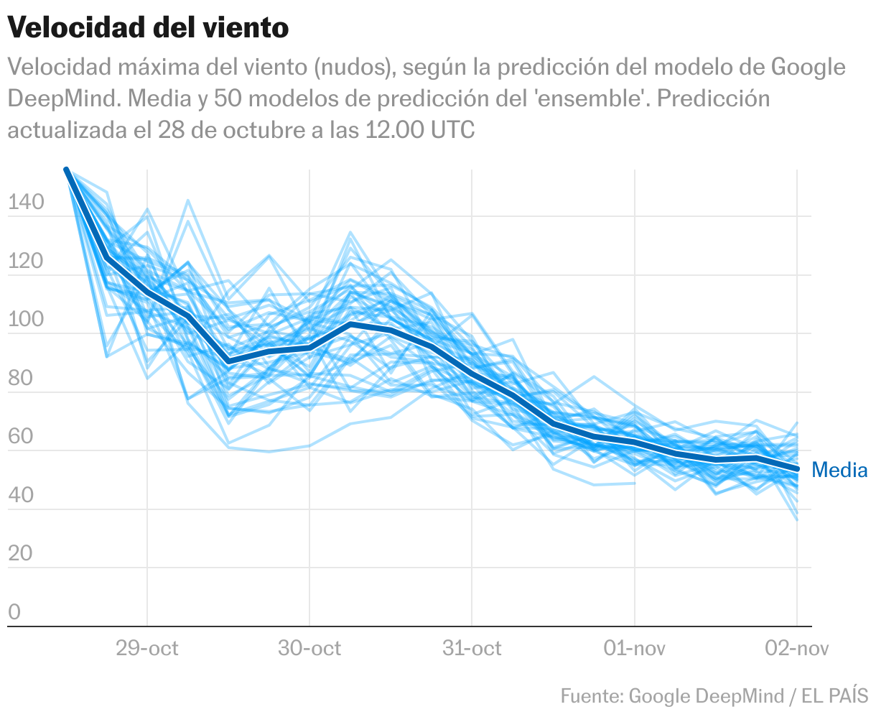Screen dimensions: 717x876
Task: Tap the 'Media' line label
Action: (839, 471)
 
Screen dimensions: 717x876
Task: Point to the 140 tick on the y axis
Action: (26, 203)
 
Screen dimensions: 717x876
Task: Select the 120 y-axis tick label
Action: (26, 262)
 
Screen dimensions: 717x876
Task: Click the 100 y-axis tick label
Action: (26, 320)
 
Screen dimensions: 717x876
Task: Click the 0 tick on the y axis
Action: (14, 613)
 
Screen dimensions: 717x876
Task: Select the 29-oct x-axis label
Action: (147, 649)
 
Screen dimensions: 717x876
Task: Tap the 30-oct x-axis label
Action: (309, 649)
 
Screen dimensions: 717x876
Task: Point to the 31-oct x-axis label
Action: (472, 649)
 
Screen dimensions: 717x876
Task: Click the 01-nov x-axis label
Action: (635, 649)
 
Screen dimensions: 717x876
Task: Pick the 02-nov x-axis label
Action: (797, 649)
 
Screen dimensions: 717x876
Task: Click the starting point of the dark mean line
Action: (66, 170)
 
